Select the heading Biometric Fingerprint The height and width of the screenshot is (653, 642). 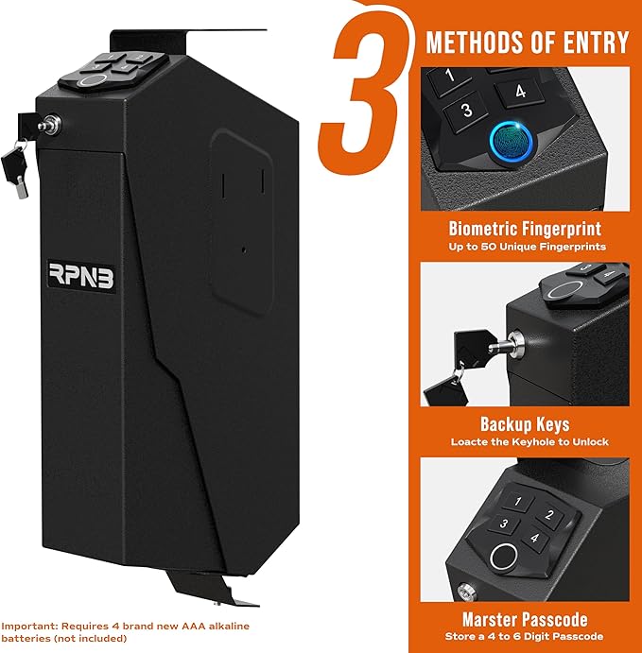click(526, 228)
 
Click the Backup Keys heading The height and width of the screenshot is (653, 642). click(526, 424)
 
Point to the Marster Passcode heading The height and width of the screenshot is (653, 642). click(526, 620)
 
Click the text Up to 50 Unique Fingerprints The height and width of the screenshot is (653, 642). click(526, 247)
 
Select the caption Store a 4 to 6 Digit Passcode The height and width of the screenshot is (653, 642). click(526, 638)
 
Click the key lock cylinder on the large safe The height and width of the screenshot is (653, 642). click(50, 123)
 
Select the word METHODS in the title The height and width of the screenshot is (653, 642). click(470, 42)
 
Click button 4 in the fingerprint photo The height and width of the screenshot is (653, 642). click(520, 92)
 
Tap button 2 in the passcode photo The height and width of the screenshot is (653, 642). click(547, 516)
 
